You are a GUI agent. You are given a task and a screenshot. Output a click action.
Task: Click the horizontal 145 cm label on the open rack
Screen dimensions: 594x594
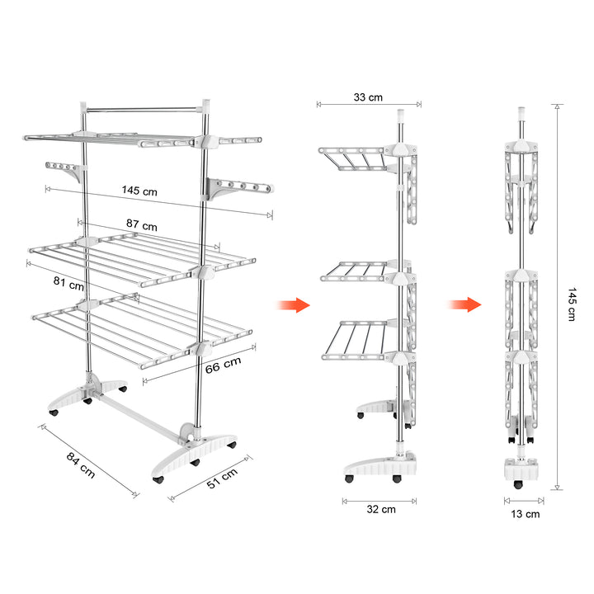(139, 191)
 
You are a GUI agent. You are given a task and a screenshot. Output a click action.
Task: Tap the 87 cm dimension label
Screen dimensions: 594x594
(142, 225)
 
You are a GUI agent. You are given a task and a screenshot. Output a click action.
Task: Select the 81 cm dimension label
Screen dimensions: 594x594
(68, 283)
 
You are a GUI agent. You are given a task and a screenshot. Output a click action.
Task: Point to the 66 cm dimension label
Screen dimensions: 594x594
(223, 365)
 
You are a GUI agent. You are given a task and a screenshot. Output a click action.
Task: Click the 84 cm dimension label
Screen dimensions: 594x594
(81, 464)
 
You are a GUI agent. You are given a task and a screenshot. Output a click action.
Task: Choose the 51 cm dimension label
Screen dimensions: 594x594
(223, 478)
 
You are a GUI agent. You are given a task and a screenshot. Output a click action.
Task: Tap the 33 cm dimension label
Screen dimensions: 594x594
(368, 97)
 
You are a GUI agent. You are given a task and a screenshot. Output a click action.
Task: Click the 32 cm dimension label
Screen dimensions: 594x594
(381, 510)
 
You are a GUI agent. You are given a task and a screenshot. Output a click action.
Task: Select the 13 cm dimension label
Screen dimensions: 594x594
(525, 514)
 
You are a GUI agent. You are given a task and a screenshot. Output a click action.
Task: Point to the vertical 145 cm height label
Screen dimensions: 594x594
(572, 304)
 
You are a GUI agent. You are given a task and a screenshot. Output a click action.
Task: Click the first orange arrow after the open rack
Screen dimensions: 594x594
(294, 305)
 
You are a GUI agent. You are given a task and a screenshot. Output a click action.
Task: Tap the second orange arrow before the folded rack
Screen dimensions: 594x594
(464, 304)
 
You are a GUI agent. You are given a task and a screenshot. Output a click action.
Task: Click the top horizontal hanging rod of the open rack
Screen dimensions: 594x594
(144, 110)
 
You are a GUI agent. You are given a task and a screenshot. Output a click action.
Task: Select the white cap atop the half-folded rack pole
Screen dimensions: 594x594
(400, 115)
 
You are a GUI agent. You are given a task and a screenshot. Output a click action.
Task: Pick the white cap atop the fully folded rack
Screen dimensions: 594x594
(521, 113)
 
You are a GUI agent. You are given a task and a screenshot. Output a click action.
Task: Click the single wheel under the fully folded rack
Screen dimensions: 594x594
(517, 484)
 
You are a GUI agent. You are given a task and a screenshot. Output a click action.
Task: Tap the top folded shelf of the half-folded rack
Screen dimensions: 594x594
(351, 158)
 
